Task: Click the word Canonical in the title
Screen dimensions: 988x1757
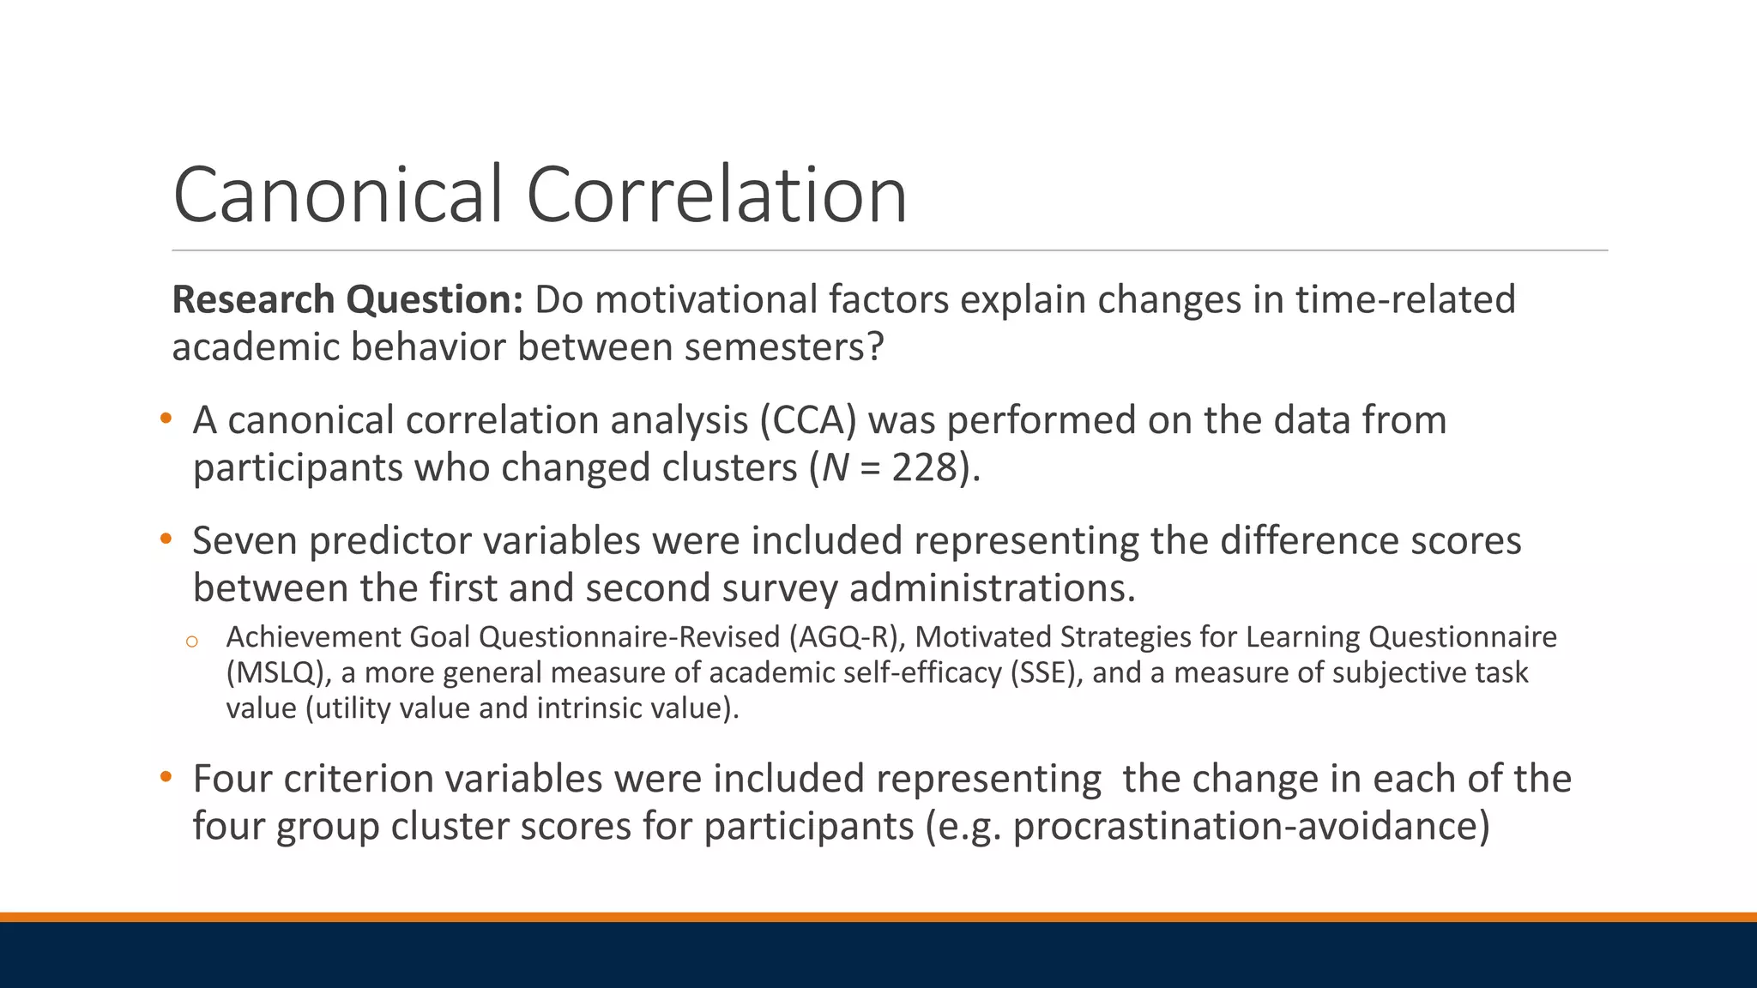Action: (337, 196)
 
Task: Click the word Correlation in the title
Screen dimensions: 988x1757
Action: (716, 196)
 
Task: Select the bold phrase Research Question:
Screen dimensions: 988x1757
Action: (347, 300)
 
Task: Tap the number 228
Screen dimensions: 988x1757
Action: (924, 468)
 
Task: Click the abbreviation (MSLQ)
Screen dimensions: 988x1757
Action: (279, 673)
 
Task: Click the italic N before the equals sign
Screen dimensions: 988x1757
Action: (835, 468)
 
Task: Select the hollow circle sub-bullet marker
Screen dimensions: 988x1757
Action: (192, 642)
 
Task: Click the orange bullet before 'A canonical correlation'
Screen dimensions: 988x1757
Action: (166, 419)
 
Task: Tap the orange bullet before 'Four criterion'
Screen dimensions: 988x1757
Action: (166, 778)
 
